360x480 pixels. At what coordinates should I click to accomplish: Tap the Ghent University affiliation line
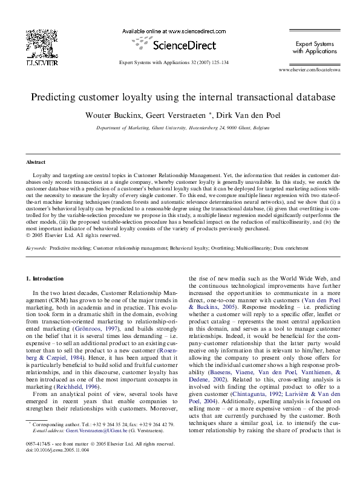(180, 128)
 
